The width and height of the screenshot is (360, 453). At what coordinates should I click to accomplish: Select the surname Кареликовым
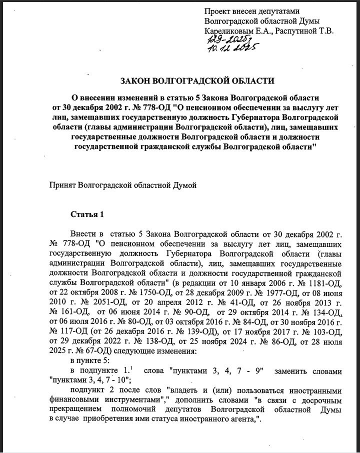(230, 31)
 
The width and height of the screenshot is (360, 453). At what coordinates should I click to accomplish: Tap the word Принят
(62, 185)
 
